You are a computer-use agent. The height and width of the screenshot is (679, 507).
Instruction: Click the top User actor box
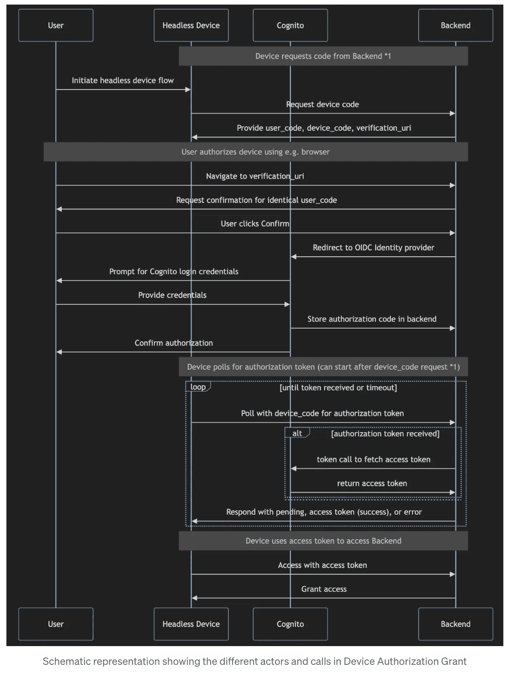tap(56, 25)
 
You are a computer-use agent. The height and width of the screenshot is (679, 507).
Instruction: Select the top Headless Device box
tap(191, 25)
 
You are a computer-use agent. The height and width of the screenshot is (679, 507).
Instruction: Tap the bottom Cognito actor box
tap(290, 624)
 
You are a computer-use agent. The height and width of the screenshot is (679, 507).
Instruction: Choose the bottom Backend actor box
tap(455, 624)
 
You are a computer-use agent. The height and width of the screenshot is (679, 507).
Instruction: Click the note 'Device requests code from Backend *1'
tap(323, 56)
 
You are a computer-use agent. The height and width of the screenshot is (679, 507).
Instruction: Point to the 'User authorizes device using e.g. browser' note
tap(256, 152)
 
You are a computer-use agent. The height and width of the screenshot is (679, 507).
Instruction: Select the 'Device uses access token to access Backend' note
tap(323, 541)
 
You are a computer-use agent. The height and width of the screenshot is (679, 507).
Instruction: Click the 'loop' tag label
tap(198, 387)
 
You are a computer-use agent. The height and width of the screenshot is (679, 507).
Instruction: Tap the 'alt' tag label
tap(297, 433)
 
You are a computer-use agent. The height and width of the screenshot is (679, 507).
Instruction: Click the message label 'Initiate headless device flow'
tap(123, 80)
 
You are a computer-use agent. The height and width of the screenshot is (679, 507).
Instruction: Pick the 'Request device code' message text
tap(322, 104)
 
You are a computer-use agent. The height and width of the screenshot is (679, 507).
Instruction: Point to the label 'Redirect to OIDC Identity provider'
tap(374, 248)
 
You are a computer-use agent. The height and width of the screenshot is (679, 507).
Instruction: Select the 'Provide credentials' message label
tap(172, 295)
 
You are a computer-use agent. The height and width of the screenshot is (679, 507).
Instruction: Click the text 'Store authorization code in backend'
tap(372, 319)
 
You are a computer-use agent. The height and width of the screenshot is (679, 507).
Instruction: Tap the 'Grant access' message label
tap(324, 589)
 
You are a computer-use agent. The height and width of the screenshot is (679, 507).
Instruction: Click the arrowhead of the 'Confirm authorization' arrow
tap(59, 352)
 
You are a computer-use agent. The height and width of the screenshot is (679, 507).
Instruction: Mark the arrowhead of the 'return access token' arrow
tap(452, 492)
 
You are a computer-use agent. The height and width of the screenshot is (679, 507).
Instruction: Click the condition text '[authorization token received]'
tap(385, 434)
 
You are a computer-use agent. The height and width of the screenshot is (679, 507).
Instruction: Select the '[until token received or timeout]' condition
tap(338, 387)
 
